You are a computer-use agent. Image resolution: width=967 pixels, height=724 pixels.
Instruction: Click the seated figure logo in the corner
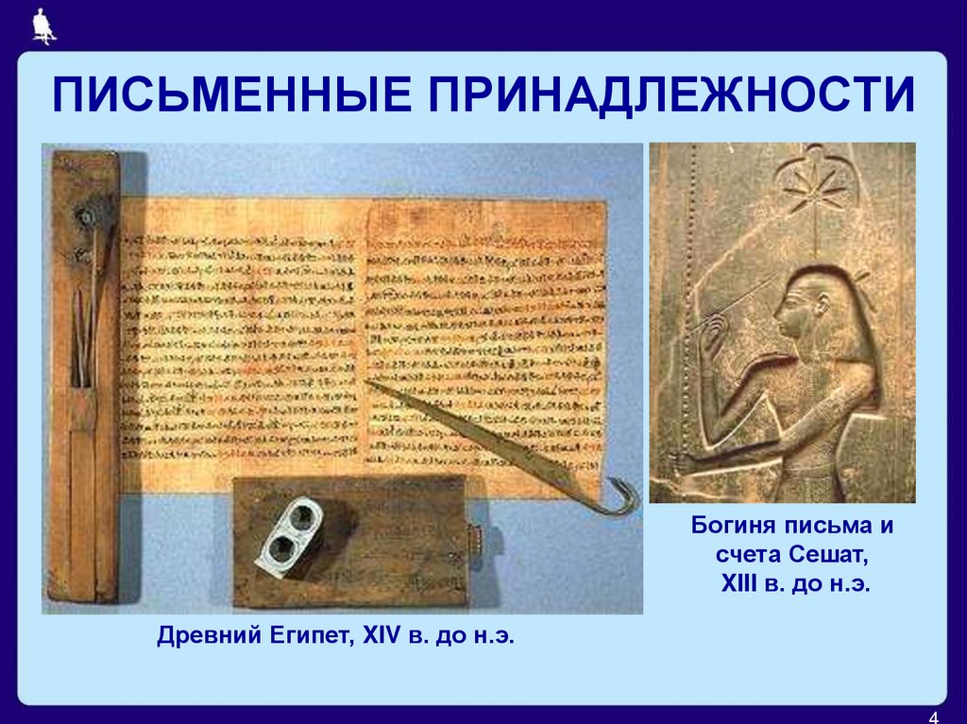point(42,25)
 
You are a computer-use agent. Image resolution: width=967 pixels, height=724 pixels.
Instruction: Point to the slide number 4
point(934,714)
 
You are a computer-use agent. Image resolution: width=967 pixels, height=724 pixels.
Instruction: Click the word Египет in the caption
point(305,636)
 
